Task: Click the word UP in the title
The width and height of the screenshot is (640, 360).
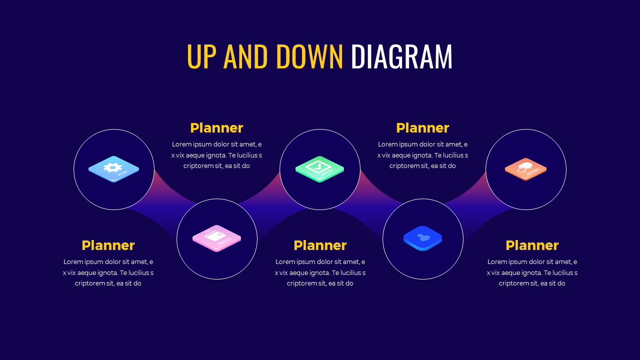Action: (x=202, y=56)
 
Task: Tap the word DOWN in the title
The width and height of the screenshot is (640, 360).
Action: (x=309, y=56)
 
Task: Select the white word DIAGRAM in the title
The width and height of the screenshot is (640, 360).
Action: (x=401, y=56)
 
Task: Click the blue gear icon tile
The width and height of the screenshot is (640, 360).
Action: (x=114, y=169)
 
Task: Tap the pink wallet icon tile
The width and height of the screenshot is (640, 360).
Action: (x=216, y=238)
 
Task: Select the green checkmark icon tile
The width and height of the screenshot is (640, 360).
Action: (x=319, y=168)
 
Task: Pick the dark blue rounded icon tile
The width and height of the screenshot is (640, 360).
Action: (x=423, y=238)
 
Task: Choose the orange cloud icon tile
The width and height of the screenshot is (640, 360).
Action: (x=525, y=168)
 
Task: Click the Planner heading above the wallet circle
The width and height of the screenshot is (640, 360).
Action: (x=216, y=128)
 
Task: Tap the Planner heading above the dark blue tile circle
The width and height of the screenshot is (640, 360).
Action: (x=422, y=128)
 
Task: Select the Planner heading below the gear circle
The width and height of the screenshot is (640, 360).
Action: (x=108, y=245)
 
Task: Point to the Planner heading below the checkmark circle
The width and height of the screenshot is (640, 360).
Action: (x=320, y=245)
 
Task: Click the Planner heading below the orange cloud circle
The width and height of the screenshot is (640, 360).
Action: (x=532, y=245)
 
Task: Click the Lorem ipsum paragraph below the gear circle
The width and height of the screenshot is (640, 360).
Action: (x=108, y=272)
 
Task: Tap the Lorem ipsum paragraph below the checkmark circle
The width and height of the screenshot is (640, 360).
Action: (x=320, y=272)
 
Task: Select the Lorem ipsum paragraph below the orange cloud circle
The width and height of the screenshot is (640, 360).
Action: (x=532, y=272)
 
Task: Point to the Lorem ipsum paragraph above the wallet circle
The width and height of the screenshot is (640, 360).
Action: (x=216, y=155)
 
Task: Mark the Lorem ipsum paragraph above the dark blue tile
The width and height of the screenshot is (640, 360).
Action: (x=422, y=155)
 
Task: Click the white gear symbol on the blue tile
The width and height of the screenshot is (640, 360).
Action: (x=112, y=167)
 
